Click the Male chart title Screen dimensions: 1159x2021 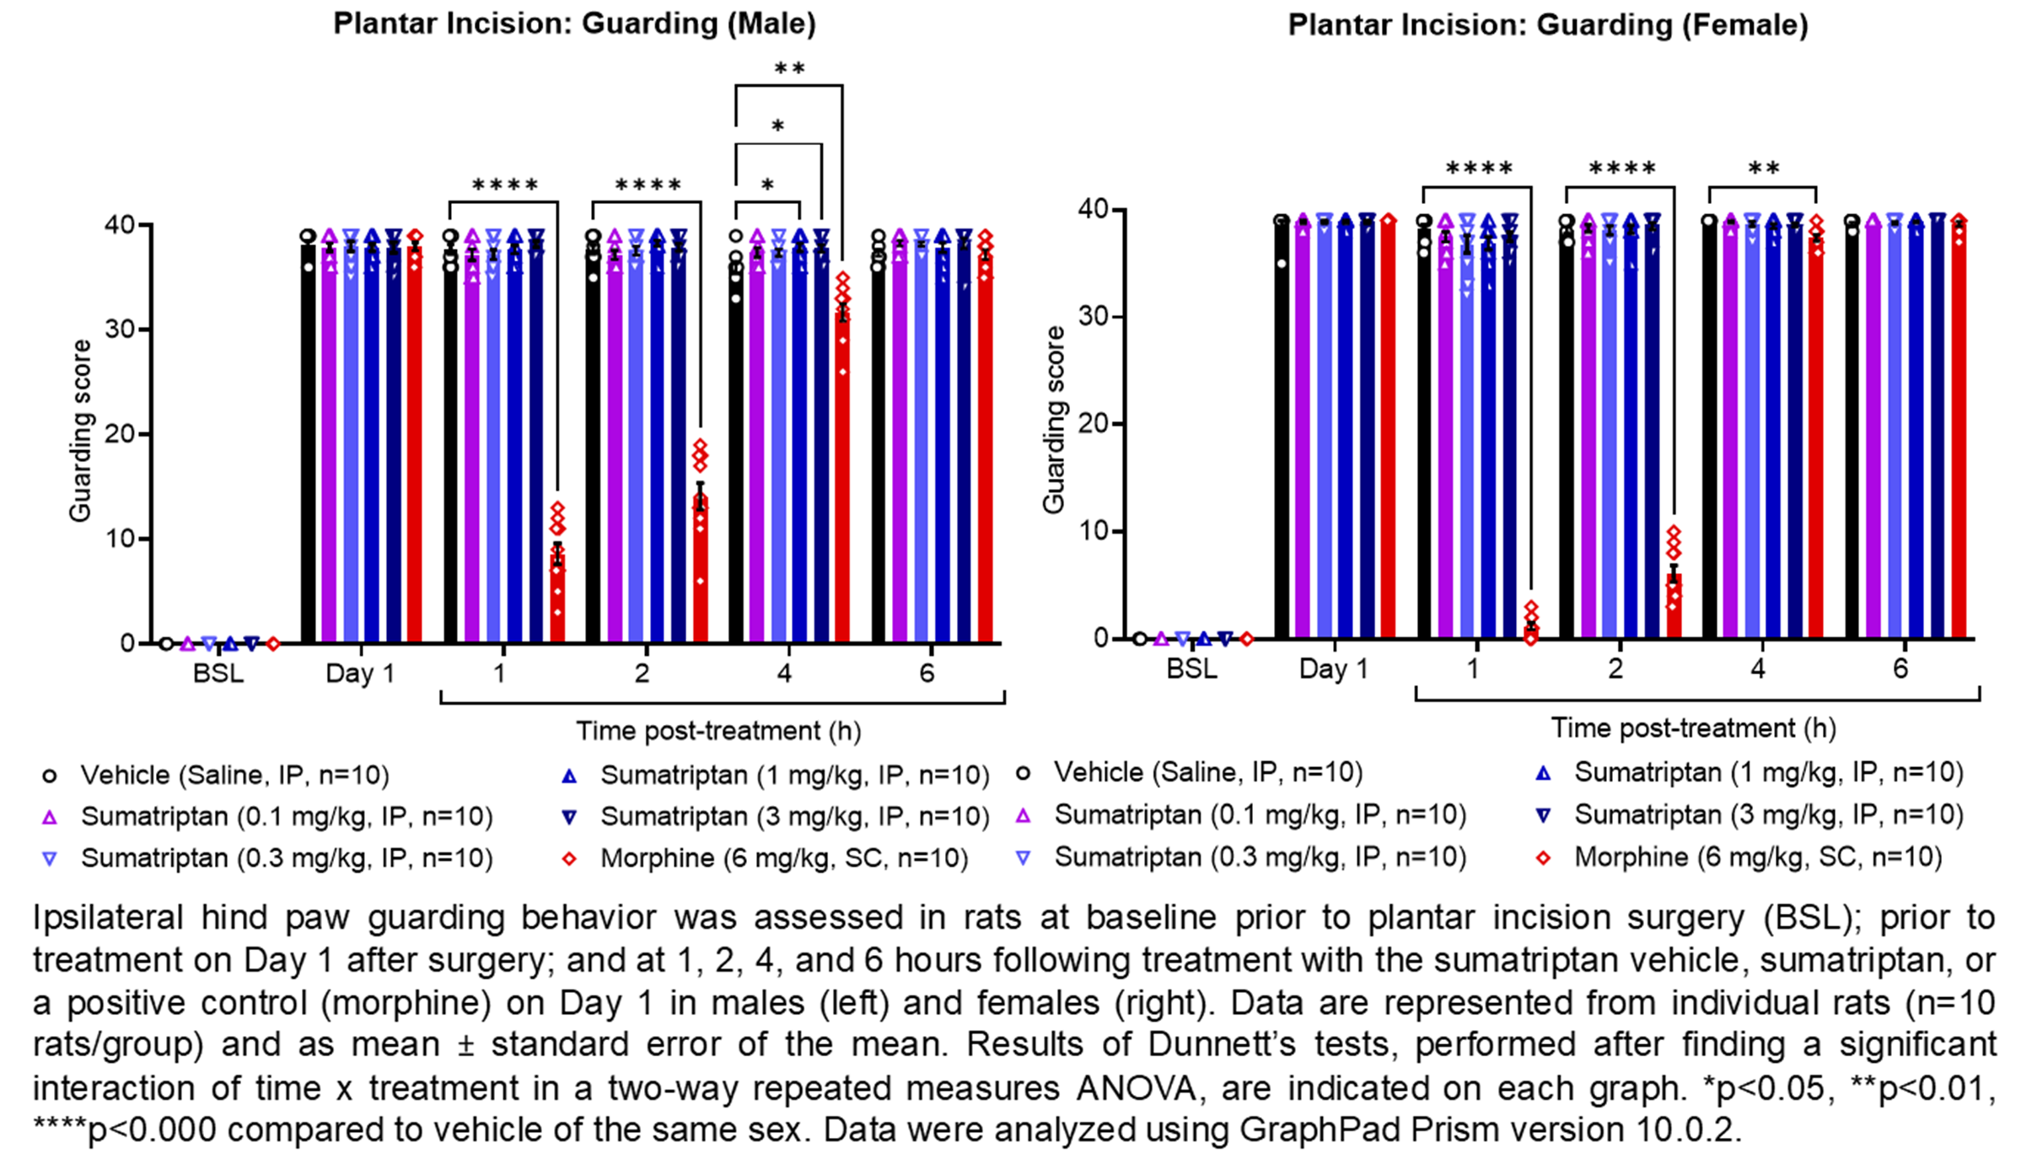[574, 24]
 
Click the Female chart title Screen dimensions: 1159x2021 [1547, 25]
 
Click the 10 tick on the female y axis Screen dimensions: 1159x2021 [1094, 532]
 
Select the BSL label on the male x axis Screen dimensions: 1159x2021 [218, 674]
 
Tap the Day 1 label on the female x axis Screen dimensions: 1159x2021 [1333, 670]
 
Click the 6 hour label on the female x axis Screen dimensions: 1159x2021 [1900, 670]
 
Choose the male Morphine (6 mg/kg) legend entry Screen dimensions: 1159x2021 [783, 859]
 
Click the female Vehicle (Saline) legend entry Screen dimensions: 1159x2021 [1207, 772]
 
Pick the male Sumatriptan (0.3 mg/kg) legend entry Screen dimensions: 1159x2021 [286, 859]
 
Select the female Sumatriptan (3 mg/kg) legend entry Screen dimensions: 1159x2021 [1768, 815]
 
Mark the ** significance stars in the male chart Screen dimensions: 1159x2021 [789, 69]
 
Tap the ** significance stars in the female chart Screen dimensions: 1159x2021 [1763, 169]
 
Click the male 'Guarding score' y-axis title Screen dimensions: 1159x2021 [81, 431]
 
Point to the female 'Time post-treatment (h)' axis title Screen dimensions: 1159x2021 [1693, 728]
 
